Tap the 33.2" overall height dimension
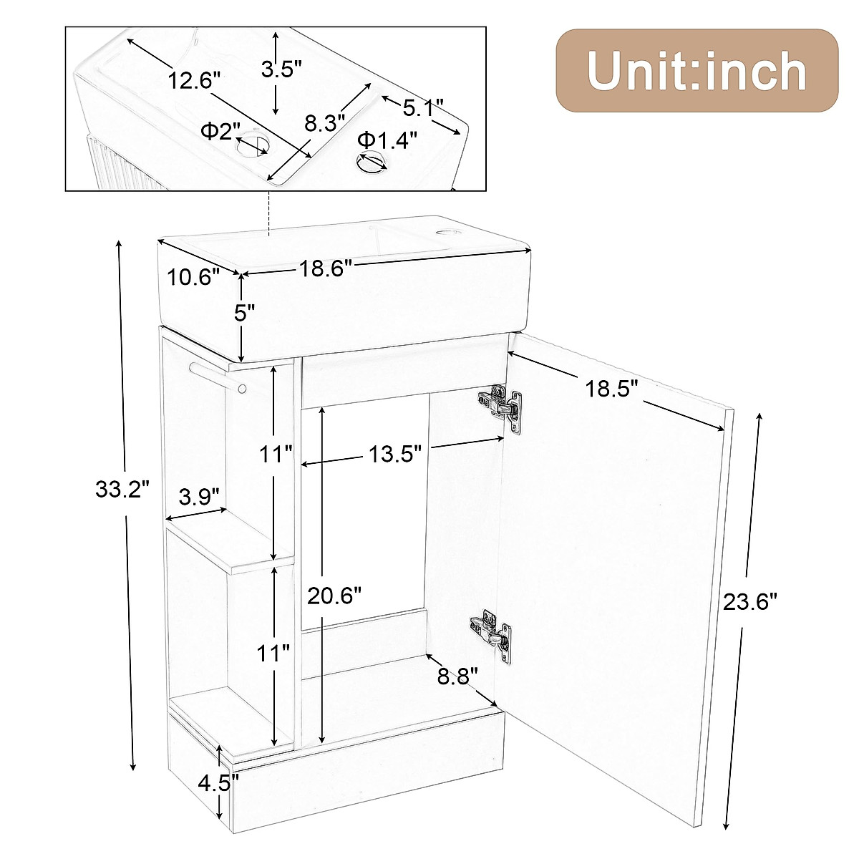[x=122, y=490]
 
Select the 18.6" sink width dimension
[x=326, y=268]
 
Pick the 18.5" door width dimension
[x=611, y=389]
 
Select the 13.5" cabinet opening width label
[x=394, y=454]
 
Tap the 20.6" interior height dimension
[x=334, y=595]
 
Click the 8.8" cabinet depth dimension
[x=458, y=676]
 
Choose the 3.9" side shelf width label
[x=198, y=497]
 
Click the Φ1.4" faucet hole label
[x=387, y=140]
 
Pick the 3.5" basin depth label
[x=281, y=69]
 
